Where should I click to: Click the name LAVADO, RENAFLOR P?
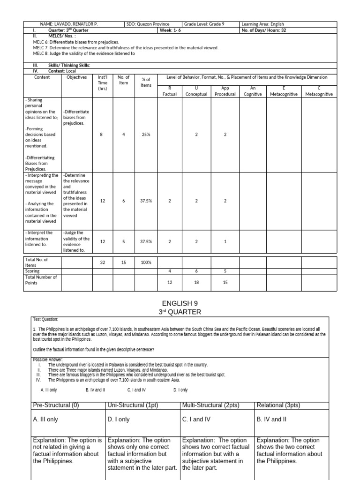point(69,24)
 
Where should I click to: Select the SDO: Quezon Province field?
point(148,24)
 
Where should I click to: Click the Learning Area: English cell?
point(262,24)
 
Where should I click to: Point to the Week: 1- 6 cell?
point(173,30)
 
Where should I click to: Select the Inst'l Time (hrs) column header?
point(103,83)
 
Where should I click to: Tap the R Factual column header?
point(170,91)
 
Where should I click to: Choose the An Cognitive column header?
point(253,91)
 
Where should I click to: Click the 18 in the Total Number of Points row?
point(196,282)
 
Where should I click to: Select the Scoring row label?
point(33,271)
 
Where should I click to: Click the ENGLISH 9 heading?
point(180,304)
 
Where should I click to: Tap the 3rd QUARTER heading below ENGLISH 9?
point(180,312)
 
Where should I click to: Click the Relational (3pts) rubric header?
point(278,405)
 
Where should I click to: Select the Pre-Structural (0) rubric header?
point(55,405)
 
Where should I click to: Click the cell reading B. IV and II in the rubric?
point(271,420)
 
